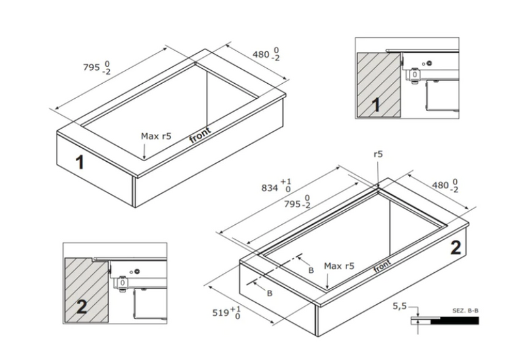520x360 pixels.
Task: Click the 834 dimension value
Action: pyautogui.click(x=269, y=188)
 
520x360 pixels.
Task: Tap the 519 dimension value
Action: pyautogui.click(x=220, y=313)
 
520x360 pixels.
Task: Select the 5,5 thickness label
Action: pyautogui.click(x=400, y=306)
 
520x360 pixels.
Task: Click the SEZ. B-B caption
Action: pyautogui.click(x=465, y=311)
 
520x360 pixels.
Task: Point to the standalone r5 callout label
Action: pyautogui.click(x=378, y=154)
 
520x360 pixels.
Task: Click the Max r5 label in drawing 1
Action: pyautogui.click(x=156, y=136)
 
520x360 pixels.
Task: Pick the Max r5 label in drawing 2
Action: pyautogui.click(x=339, y=266)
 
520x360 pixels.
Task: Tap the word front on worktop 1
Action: pyautogui.click(x=200, y=135)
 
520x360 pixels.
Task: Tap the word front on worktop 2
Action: pyautogui.click(x=382, y=266)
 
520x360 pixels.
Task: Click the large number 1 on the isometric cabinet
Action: pyautogui.click(x=79, y=162)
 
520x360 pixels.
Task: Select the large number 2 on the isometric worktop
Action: pyautogui.click(x=456, y=248)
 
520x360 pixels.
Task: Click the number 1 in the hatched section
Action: pyautogui.click(x=376, y=105)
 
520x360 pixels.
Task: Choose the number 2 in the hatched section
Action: pyautogui.click(x=82, y=306)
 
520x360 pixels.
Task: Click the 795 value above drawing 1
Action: pyautogui.click(x=91, y=68)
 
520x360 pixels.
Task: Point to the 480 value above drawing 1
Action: pyautogui.click(x=261, y=54)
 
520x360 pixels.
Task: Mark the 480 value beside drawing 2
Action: pyautogui.click(x=441, y=185)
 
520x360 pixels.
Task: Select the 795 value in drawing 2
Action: pyautogui.click(x=292, y=204)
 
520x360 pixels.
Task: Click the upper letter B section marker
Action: pyautogui.click(x=311, y=270)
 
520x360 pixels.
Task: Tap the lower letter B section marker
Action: pyautogui.click(x=270, y=293)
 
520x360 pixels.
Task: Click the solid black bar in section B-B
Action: pyautogui.click(x=454, y=320)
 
